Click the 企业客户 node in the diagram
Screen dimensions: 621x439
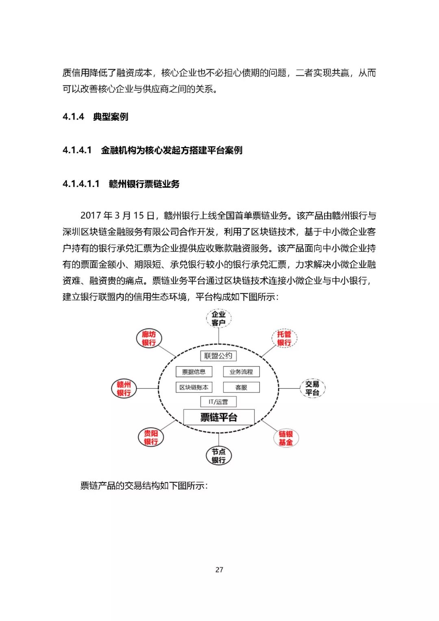(x=219, y=318)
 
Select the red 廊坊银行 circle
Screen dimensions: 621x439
(x=149, y=338)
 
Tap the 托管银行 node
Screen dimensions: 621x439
(x=284, y=338)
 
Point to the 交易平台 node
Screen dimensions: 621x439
(x=312, y=388)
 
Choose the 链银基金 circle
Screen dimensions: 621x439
(x=286, y=438)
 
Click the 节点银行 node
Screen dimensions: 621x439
(x=219, y=455)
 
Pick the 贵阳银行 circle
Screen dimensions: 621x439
(x=151, y=438)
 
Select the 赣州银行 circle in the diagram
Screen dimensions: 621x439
(x=124, y=388)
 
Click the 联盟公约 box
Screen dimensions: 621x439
(x=218, y=356)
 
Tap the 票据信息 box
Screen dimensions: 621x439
(x=194, y=372)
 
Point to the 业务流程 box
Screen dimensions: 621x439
(x=241, y=372)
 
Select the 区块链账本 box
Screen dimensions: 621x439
(x=194, y=387)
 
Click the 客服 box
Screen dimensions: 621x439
(x=241, y=387)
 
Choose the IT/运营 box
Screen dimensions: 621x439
(x=218, y=402)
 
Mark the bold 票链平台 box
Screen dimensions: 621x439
(x=219, y=417)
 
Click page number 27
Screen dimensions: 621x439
(x=219, y=570)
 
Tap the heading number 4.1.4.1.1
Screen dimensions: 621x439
(x=81, y=184)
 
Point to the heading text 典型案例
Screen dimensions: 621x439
(x=111, y=117)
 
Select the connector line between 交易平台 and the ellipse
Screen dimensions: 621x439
(x=289, y=388)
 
